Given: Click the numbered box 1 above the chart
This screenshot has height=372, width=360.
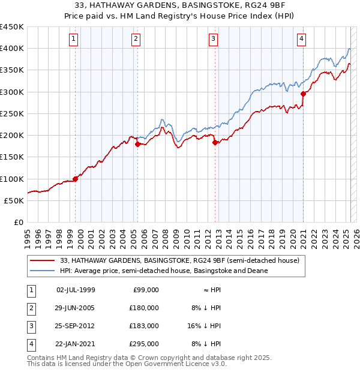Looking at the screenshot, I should pyautogui.click(x=73, y=40).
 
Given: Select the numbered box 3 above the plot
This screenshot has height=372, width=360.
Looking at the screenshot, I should pyautogui.click(x=214, y=40).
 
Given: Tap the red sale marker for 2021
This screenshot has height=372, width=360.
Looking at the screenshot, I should pyautogui.click(x=304, y=94).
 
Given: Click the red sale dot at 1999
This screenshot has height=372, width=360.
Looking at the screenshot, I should pyautogui.click(x=76, y=179).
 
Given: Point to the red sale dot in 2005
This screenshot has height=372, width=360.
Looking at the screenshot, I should pyautogui.click(x=138, y=144).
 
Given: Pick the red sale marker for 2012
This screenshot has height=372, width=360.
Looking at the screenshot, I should pyautogui.click(x=215, y=142).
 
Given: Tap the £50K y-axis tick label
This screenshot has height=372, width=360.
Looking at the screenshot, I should pyautogui.click(x=14, y=200).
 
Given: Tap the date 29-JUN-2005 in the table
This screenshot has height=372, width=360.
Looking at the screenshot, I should pyautogui.click(x=76, y=308).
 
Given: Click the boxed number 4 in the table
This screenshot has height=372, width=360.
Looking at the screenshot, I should pyautogui.click(x=29, y=344).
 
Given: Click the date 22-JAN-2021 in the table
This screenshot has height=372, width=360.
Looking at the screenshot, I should pyautogui.click(x=76, y=344).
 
